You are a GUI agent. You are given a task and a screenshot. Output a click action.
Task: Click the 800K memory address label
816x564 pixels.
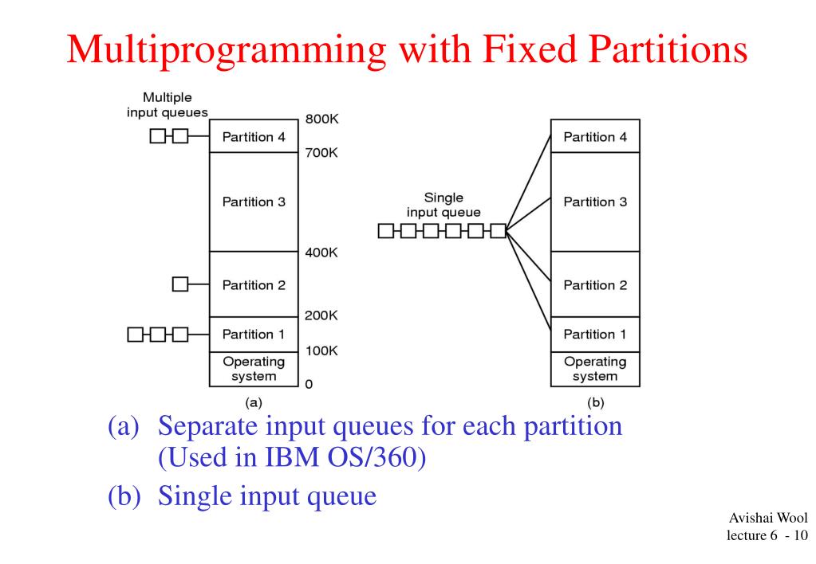(x=321, y=120)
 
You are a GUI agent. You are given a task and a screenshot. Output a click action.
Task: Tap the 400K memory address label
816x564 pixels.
(x=321, y=253)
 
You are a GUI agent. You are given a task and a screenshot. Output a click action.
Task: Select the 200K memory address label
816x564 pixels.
(x=321, y=315)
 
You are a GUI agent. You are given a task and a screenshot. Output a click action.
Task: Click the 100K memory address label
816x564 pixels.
(x=321, y=351)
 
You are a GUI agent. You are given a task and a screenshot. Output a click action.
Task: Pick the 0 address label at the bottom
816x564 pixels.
(x=309, y=385)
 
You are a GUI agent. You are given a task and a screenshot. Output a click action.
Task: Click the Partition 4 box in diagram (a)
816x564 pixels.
(x=253, y=136)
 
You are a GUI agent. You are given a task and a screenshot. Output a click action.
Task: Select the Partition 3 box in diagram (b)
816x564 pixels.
(x=594, y=202)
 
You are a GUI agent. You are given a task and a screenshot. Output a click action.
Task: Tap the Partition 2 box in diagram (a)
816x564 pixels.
(x=253, y=284)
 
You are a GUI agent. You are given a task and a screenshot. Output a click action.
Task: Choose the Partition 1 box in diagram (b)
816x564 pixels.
(x=594, y=334)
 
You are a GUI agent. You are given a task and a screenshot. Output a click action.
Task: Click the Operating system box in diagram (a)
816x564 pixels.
(x=253, y=369)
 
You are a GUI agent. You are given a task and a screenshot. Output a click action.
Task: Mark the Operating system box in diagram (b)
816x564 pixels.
(x=594, y=369)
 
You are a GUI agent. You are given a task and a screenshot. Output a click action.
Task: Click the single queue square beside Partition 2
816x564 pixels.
(x=180, y=284)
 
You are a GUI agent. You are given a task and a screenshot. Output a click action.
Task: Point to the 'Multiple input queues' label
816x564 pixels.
(x=167, y=104)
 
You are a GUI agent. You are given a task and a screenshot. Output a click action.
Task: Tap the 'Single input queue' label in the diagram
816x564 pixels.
(x=443, y=205)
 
